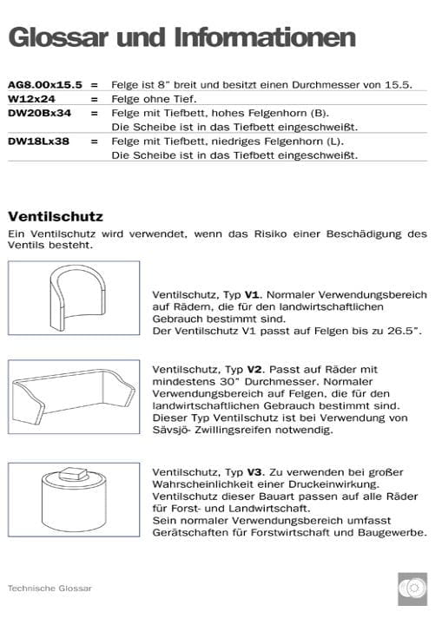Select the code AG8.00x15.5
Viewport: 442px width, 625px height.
click(44, 85)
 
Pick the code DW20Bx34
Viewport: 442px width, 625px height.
click(39, 113)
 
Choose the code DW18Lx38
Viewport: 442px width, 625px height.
click(39, 141)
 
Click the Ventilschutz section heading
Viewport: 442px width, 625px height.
click(56, 216)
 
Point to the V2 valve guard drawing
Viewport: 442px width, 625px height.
click(74, 398)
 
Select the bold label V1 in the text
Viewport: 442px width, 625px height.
click(253, 295)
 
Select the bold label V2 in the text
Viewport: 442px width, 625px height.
click(253, 368)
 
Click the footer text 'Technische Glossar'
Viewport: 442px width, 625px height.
click(49, 588)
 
